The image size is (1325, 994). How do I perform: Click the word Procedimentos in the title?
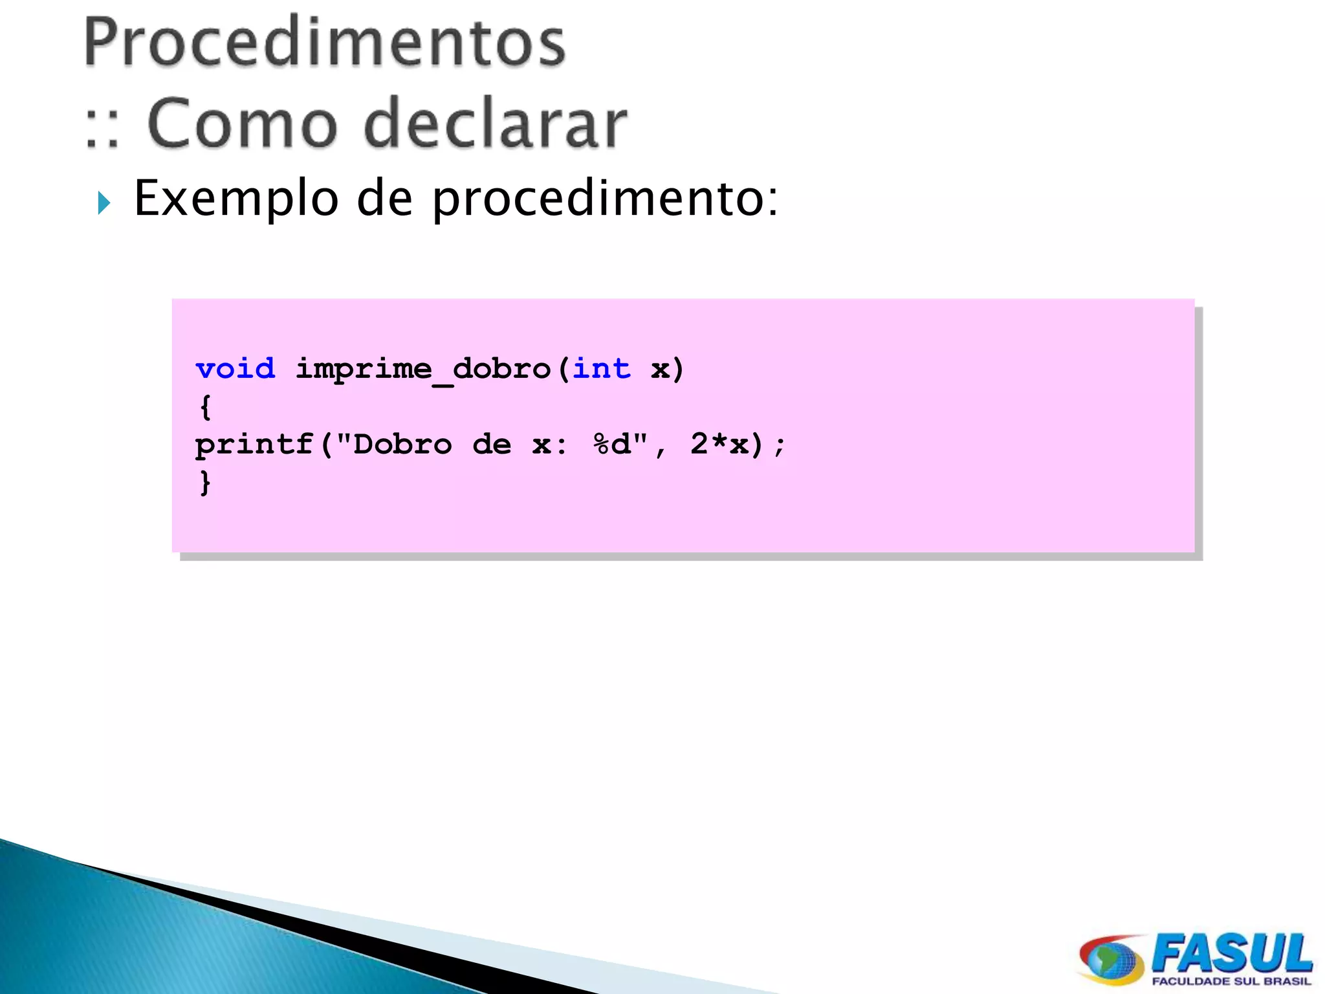click(x=325, y=43)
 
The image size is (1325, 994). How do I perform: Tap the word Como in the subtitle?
click(x=243, y=123)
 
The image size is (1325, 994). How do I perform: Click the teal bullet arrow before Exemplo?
click(x=104, y=203)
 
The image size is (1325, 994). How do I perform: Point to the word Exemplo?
click(x=236, y=199)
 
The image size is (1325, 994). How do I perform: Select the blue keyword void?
click(x=235, y=369)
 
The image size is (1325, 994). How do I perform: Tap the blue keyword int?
click(x=602, y=369)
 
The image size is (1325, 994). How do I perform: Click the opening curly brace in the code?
click(x=205, y=408)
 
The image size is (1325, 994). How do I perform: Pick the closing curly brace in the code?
click(x=205, y=483)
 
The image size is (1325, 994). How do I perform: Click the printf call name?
click(x=254, y=445)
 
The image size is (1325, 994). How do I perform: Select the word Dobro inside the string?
click(x=402, y=445)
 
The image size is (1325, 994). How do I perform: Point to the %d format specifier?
click(x=612, y=445)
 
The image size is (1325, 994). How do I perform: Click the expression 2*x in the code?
click(x=719, y=445)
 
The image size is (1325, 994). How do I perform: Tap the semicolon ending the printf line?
click(x=780, y=445)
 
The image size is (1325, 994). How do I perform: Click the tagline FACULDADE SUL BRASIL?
click(x=1231, y=982)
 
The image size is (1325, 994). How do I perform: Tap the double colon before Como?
click(x=102, y=127)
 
